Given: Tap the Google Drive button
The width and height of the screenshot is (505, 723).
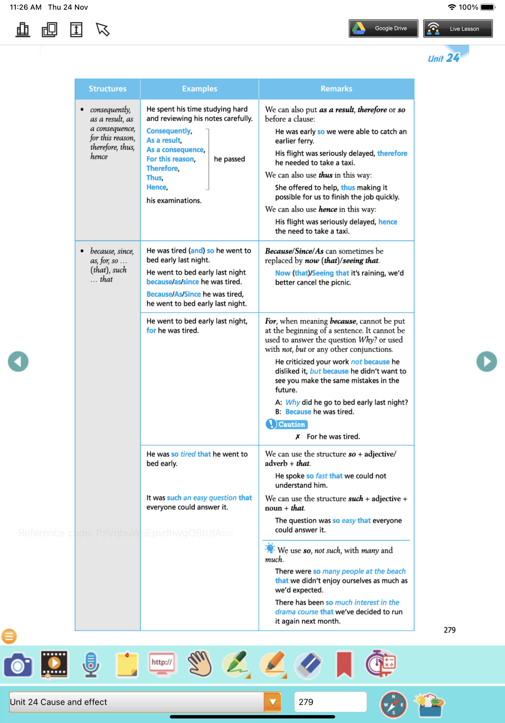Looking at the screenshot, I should (383, 28).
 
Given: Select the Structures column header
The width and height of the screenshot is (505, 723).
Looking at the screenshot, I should (107, 89).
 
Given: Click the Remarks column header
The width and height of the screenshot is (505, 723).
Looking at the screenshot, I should (336, 89).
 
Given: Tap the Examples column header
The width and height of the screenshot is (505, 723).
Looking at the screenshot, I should (199, 89).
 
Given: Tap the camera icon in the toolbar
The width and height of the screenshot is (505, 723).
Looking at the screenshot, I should (18, 665).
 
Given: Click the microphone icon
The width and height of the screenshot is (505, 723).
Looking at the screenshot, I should (91, 665).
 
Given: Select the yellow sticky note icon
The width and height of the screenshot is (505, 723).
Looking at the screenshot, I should (127, 665).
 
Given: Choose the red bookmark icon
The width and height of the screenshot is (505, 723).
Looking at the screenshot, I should (344, 665).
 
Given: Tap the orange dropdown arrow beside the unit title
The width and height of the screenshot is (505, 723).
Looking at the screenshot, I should (272, 702).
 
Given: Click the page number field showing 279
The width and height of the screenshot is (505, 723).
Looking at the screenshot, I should (330, 702).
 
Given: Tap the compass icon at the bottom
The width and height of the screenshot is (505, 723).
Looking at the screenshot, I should (393, 705).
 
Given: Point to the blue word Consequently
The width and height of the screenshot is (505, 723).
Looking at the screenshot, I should (168, 131).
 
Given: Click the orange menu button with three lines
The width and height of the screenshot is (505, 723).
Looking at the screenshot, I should (9, 636).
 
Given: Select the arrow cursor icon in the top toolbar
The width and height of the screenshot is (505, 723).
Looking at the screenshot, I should (102, 30).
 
